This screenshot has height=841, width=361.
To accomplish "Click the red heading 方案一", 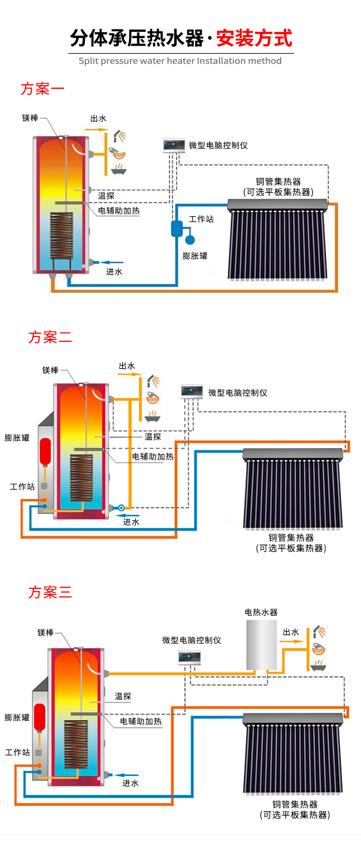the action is (x=42, y=89).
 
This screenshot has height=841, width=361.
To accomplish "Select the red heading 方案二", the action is (x=50, y=337).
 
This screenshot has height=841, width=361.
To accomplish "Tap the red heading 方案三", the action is (x=50, y=592).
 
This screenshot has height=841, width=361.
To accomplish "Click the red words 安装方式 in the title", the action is (x=254, y=38).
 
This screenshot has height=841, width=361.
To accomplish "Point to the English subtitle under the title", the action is (x=180, y=61).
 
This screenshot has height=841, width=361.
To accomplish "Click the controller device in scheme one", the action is (x=174, y=146).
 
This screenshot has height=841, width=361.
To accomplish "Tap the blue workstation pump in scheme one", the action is (x=177, y=228).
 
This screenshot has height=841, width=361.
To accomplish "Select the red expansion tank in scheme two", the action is (x=45, y=451).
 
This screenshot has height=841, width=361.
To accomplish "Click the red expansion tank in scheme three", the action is (x=39, y=717).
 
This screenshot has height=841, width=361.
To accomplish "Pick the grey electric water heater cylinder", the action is (x=261, y=645).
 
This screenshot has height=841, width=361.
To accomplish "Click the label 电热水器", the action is (x=261, y=612).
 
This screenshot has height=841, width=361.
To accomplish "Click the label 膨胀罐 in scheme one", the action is (x=195, y=256).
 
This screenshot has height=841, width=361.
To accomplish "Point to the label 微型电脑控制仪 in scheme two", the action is (x=238, y=393).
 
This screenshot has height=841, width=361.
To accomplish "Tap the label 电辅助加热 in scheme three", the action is (x=141, y=721).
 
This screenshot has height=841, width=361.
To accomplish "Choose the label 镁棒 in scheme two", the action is (x=51, y=370).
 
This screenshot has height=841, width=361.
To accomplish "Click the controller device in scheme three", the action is (x=190, y=658).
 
